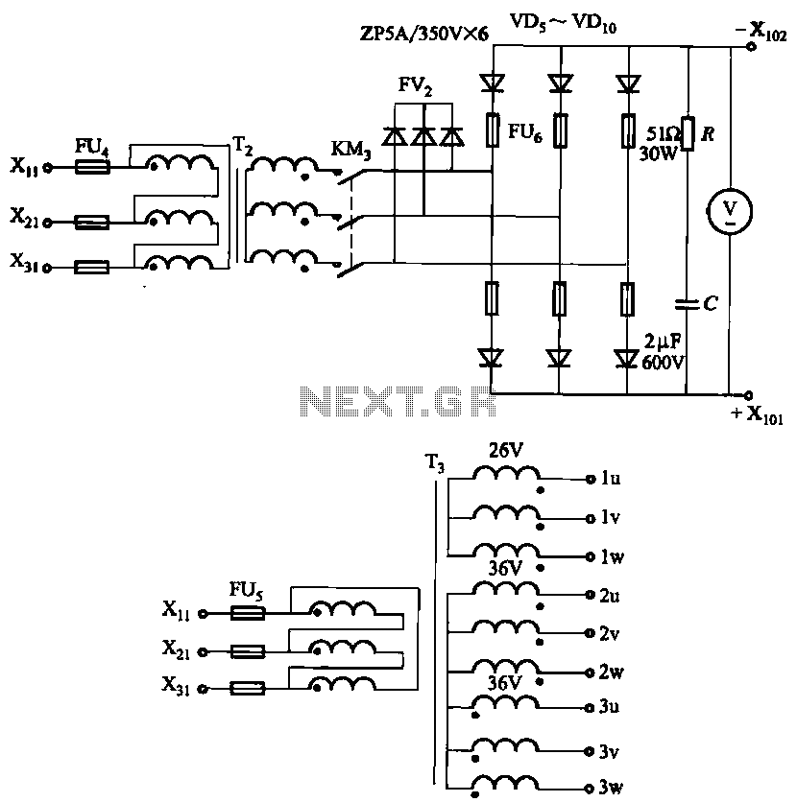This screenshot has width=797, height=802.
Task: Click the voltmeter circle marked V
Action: coord(730,210)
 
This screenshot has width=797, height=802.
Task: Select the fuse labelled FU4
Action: coord(92,167)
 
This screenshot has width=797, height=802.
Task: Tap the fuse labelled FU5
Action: coord(248,613)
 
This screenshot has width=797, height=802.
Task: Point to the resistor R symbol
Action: coord(688,133)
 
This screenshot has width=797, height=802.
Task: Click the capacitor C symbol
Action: coord(687,304)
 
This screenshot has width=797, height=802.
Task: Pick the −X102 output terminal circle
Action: coord(751,47)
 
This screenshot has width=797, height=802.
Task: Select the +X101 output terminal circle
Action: coord(748,395)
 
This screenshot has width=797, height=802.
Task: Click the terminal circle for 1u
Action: coord(591,480)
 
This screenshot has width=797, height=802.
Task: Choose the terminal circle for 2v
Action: coord(591,633)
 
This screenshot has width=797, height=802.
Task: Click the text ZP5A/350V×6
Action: coord(424,34)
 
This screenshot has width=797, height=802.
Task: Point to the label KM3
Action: coord(351,150)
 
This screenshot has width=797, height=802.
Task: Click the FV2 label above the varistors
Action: coord(415,86)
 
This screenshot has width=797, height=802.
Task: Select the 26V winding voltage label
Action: coord(506,451)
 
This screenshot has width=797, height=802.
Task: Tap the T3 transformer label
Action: coord(435,463)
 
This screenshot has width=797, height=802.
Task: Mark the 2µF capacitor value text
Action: coord(663,342)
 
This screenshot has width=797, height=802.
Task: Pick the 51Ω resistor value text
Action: coord(664,134)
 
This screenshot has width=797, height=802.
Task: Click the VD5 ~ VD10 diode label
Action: coord(563,23)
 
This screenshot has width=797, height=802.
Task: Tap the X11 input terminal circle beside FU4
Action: coord(48,167)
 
